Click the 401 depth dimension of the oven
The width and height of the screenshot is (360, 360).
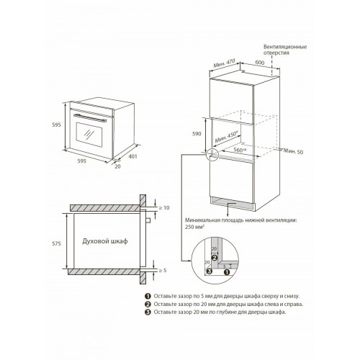(x=132, y=156)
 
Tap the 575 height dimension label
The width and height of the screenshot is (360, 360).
(x=56, y=244)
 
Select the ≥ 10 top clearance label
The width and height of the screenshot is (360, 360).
(x=164, y=207)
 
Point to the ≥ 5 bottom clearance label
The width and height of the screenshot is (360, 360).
(x=163, y=271)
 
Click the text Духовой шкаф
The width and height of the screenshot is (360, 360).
(x=105, y=241)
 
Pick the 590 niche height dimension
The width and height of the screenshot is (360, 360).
(x=197, y=134)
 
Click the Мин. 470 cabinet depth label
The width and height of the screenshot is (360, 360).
(x=224, y=63)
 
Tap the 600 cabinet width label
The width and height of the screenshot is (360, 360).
(x=260, y=63)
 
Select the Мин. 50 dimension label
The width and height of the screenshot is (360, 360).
(x=293, y=151)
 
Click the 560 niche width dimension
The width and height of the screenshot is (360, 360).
(x=239, y=150)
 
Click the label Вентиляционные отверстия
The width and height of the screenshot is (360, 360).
(x=285, y=50)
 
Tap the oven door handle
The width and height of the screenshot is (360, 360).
(x=90, y=118)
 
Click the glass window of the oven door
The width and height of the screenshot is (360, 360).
(x=89, y=135)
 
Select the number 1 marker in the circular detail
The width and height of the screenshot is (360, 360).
(x=227, y=272)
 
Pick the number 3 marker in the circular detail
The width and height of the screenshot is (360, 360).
(x=210, y=271)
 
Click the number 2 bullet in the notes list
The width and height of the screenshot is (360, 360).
(x=148, y=305)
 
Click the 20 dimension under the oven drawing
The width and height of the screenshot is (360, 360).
(x=117, y=166)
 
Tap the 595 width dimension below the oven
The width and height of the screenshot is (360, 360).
(x=81, y=161)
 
